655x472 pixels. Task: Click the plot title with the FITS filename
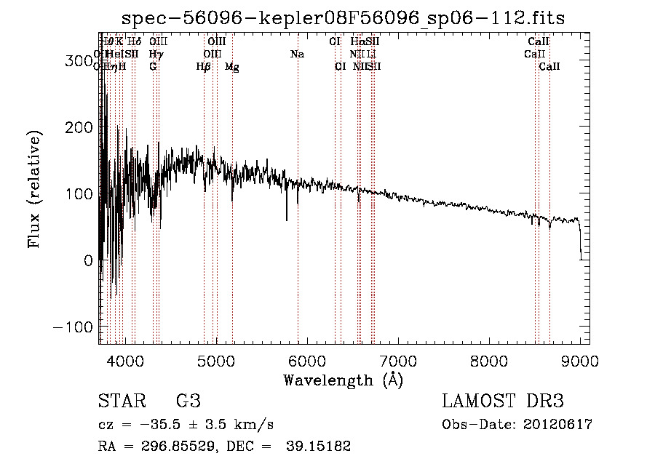[343, 17]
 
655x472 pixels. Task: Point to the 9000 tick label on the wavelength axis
[580, 361]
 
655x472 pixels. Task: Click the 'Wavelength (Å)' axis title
[343, 380]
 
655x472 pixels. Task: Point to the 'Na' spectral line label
[297, 55]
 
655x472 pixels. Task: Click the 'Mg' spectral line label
[231, 67]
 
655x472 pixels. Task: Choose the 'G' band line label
[153, 67]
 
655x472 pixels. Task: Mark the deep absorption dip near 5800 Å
[287, 217]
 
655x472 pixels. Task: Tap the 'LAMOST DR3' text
[503, 401]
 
